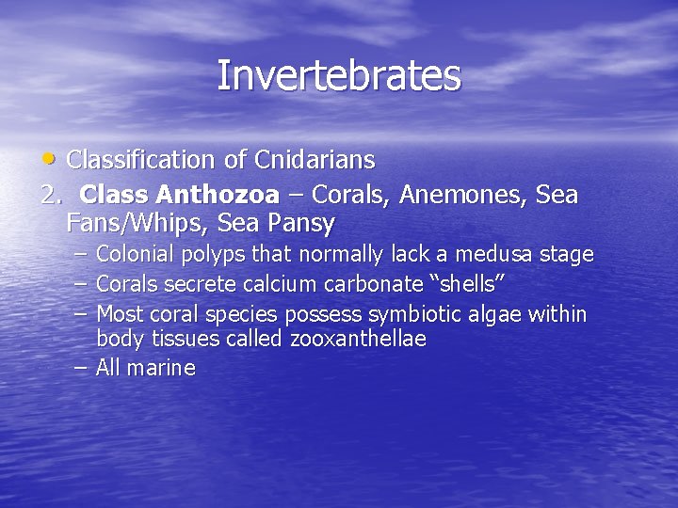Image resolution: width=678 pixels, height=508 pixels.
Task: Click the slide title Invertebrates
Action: tap(339, 76)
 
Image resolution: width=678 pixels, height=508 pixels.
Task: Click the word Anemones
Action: tap(461, 196)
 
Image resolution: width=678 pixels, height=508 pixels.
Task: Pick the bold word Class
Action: tap(116, 196)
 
